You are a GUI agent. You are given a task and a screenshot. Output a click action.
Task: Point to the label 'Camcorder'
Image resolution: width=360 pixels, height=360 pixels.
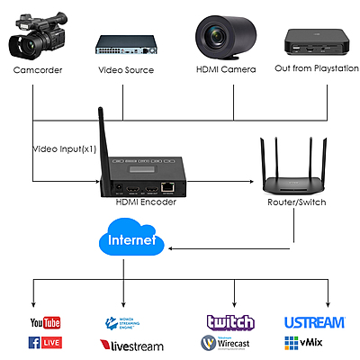pyautogui.click(x=38, y=69)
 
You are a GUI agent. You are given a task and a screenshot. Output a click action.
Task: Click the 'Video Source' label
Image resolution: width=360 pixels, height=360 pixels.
pyautogui.click(x=126, y=69)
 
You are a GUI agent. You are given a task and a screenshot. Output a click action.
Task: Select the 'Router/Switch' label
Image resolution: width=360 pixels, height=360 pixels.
pyautogui.click(x=296, y=202)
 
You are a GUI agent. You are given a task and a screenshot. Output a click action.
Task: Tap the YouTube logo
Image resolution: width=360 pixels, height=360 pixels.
pyautogui.click(x=45, y=322)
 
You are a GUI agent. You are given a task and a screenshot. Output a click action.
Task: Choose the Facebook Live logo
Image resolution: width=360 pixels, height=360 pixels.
pyautogui.click(x=45, y=342)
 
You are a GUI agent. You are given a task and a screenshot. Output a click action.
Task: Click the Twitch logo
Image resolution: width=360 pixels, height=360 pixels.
pyautogui.click(x=230, y=322)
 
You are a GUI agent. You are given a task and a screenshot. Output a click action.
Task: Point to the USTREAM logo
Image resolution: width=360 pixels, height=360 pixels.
pyautogui.click(x=314, y=322)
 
